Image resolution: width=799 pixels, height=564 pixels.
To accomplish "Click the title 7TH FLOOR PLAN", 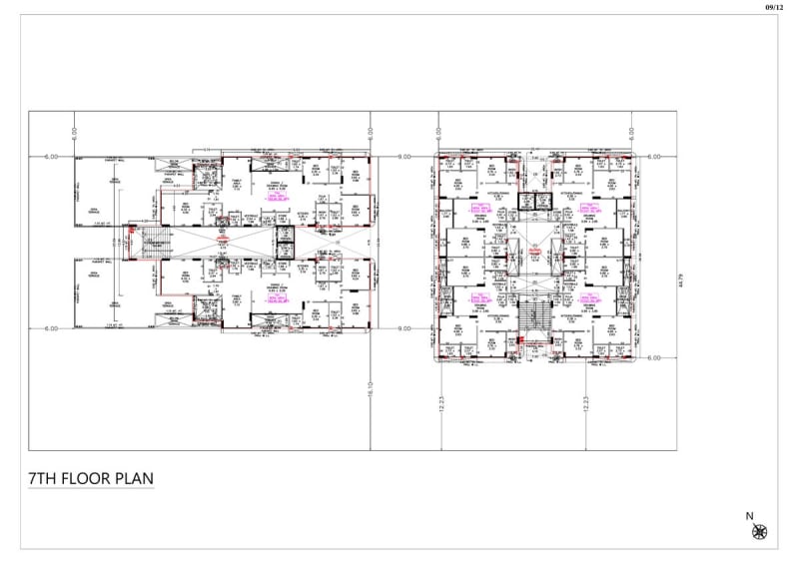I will tap(91, 478).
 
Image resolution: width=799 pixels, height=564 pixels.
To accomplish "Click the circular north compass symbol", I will tap(759, 532).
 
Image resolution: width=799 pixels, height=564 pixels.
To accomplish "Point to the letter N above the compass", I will tap(749, 516).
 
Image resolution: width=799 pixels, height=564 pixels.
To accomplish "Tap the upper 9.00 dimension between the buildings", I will tap(403, 157).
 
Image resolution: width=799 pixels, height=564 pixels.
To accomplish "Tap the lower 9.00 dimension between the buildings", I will tap(403, 328).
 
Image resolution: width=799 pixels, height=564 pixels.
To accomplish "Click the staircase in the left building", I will tap(153, 242).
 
